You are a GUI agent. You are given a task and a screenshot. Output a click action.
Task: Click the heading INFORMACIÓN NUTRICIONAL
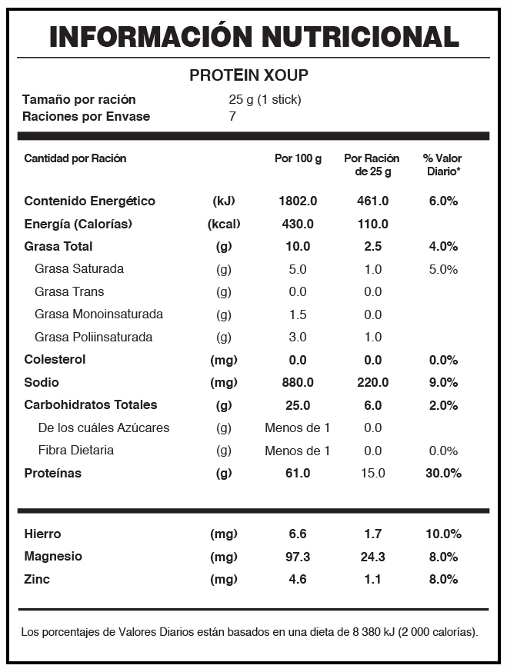(255, 36)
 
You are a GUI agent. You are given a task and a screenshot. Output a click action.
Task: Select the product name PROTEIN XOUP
(248, 75)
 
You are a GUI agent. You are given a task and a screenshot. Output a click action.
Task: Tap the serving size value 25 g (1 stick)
(265, 100)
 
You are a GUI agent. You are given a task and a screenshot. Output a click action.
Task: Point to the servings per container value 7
(232, 116)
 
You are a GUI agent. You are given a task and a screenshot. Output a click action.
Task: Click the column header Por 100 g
(298, 158)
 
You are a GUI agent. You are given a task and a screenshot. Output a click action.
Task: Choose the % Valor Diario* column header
(442, 165)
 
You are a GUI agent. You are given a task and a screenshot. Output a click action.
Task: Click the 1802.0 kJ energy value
(298, 201)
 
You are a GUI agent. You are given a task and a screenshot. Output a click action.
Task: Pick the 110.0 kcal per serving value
(372, 225)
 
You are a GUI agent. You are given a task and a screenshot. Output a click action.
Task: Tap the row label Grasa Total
(58, 247)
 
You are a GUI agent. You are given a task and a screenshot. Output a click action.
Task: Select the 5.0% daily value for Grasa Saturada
(443, 270)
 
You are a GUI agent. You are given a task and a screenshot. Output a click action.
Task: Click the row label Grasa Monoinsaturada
(98, 314)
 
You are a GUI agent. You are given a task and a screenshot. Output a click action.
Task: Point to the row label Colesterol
(55, 360)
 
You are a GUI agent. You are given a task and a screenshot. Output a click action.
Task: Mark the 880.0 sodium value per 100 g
(298, 382)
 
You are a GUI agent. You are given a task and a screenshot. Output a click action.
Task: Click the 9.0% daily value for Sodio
(443, 382)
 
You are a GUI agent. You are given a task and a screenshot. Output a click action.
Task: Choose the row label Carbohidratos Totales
(91, 405)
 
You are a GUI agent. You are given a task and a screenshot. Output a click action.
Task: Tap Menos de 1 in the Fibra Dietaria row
(297, 451)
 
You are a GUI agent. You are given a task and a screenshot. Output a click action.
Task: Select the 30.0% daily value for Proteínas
(443, 473)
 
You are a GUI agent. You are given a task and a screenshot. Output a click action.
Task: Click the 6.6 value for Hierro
(298, 534)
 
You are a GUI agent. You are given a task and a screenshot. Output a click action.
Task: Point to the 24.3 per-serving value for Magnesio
(372, 557)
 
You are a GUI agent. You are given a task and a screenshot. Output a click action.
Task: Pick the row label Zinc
(37, 580)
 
